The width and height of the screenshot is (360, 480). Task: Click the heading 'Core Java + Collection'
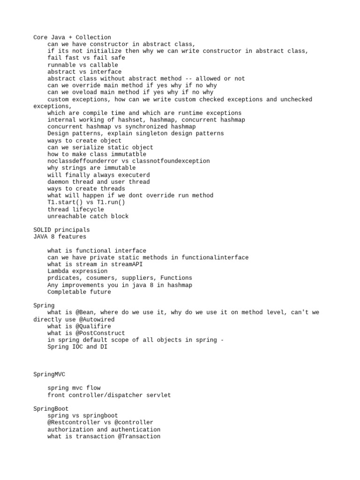[72, 37]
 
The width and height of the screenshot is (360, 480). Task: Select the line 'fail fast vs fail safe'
[86, 58]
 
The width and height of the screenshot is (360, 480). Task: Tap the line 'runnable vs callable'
[82, 65]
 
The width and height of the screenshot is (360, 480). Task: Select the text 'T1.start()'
[65, 202]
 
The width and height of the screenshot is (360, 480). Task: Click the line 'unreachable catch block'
[88, 217]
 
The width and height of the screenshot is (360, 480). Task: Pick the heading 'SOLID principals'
[61, 230]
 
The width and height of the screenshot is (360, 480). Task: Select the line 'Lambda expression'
[77, 271]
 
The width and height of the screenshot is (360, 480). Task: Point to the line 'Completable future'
[79, 292]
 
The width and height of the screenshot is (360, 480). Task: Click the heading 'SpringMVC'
[49, 375]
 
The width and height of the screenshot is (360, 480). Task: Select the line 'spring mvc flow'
[74, 388]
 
